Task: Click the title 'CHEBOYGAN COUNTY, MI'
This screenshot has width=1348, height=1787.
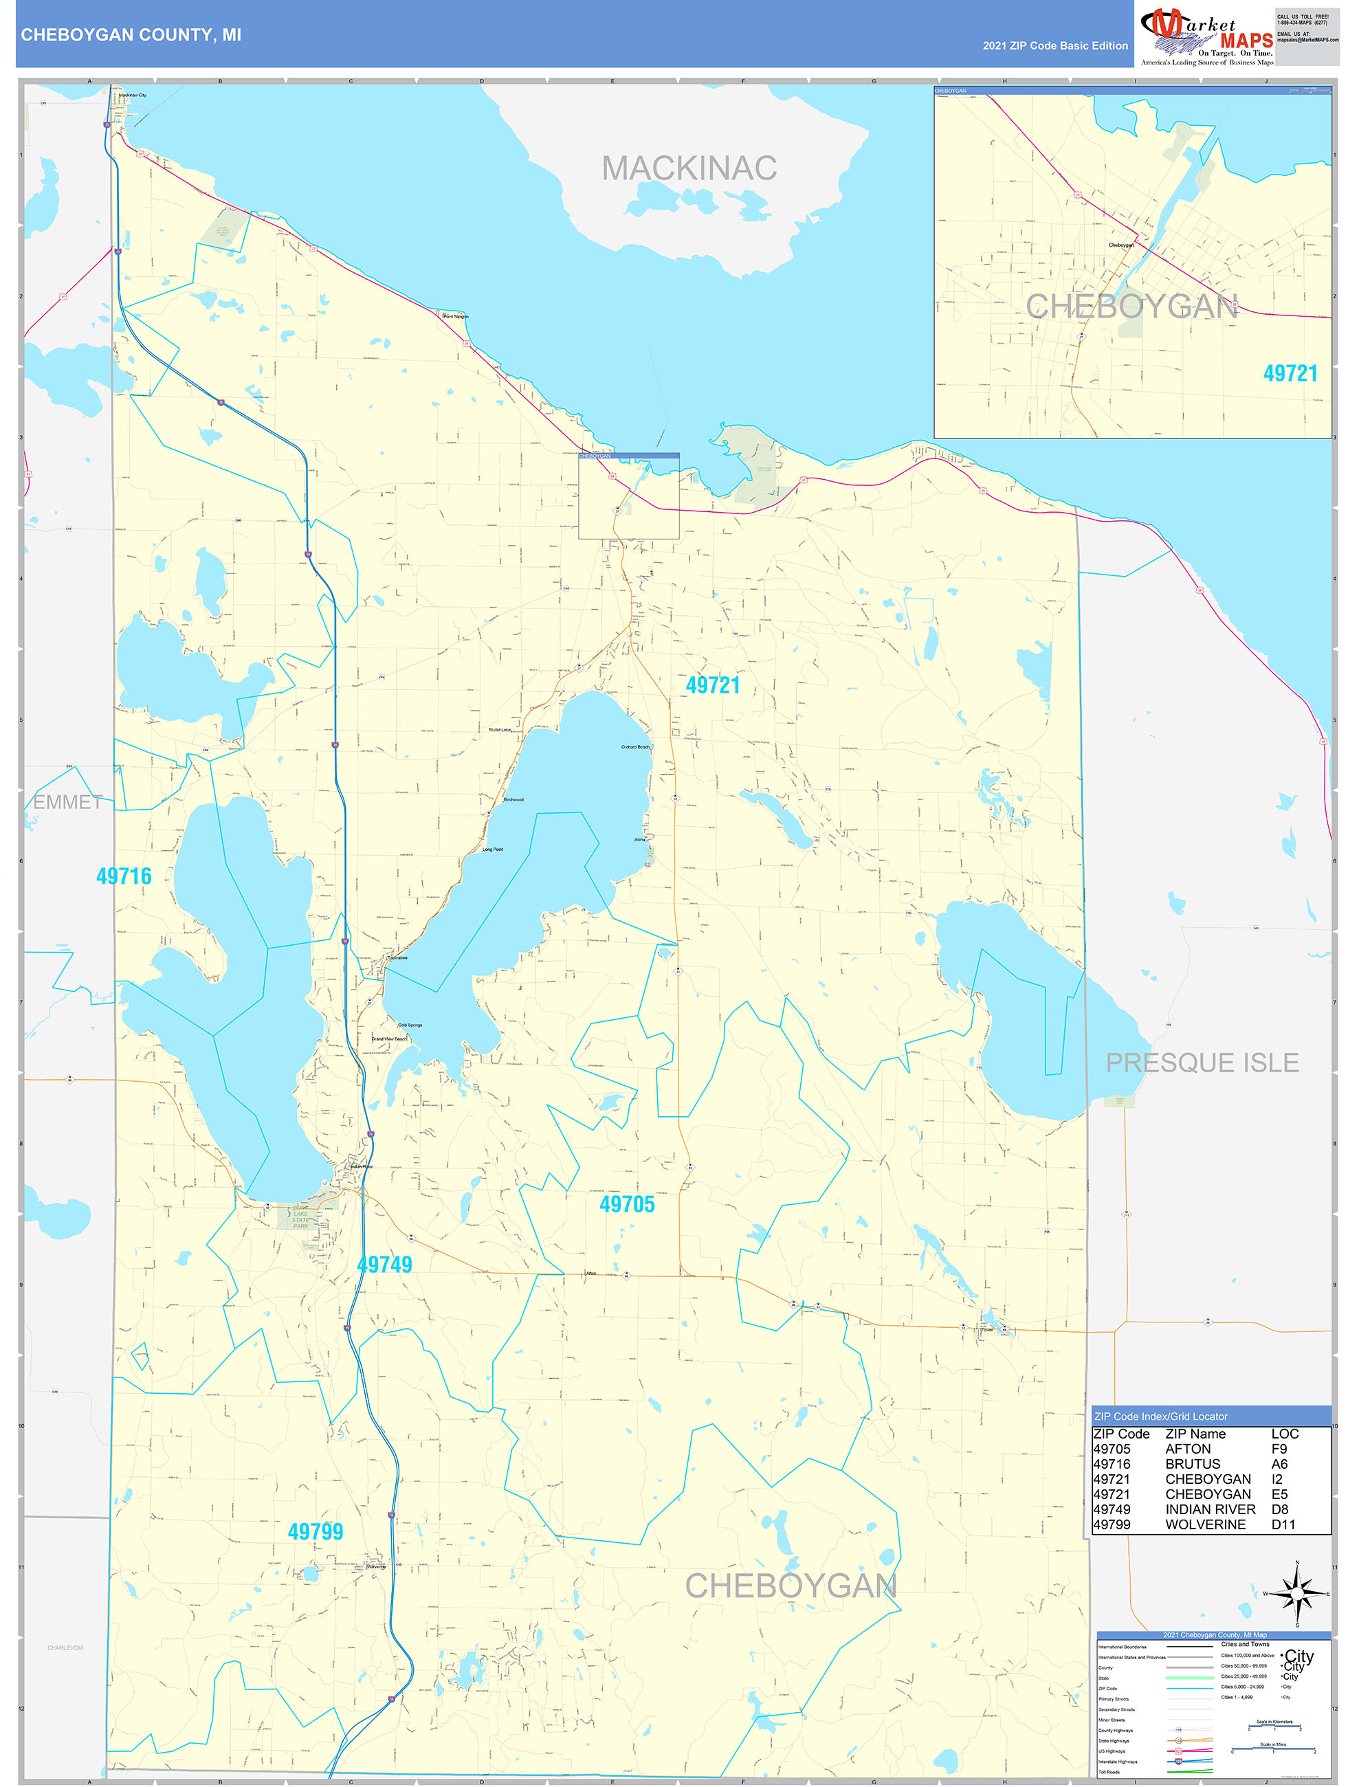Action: point(131,35)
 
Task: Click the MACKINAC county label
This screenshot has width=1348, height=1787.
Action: point(689,168)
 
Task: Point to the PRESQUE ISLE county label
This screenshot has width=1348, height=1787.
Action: point(1202,1063)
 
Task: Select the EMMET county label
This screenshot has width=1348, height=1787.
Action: point(68,802)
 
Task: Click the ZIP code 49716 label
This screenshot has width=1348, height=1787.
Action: point(124,876)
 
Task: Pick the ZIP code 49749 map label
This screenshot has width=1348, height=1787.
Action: point(385,1265)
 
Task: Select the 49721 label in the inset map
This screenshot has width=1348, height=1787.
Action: point(1290,373)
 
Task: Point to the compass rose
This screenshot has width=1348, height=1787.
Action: point(1297,1594)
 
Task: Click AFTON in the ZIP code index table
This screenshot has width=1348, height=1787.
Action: point(1187,1449)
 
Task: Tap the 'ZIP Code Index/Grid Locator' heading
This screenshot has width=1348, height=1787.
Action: point(1160,1416)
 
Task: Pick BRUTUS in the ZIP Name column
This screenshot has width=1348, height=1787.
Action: point(1192,1464)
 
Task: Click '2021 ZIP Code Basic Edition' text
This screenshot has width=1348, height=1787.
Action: point(1054,45)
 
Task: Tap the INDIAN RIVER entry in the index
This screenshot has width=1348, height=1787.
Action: point(1210,1509)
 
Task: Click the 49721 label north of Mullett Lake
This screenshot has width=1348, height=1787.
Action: point(713,685)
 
